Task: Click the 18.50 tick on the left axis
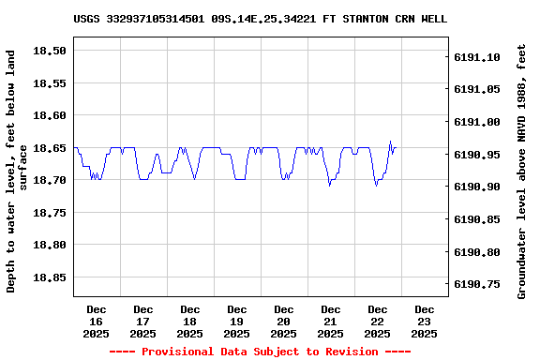coord(51,51)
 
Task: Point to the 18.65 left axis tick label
coord(51,148)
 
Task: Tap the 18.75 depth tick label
coord(51,213)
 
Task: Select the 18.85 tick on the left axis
coord(51,277)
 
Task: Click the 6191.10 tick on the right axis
coord(477,57)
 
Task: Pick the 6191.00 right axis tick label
coord(477,122)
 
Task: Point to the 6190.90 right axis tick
coord(477,187)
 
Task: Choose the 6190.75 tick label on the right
coord(477,284)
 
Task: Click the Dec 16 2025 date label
coord(97,321)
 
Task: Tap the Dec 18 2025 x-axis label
coord(190,321)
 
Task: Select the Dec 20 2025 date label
coord(284,321)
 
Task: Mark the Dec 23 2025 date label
coord(425,321)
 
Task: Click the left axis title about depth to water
coord(17,172)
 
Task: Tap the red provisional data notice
coord(260,352)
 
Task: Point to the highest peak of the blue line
coord(390,142)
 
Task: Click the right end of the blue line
coord(396,147)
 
